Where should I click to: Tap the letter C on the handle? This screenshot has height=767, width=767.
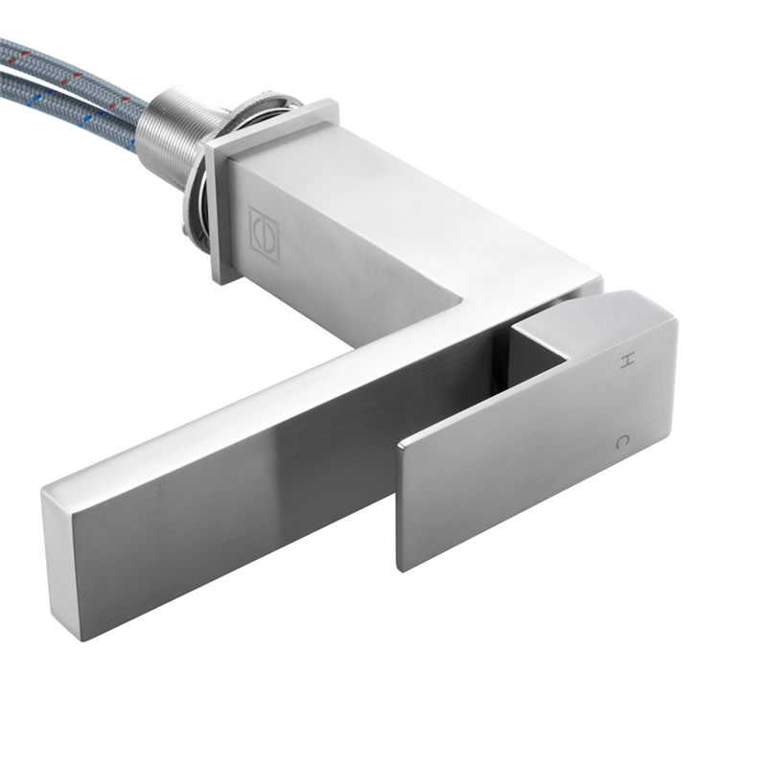[x=622, y=442]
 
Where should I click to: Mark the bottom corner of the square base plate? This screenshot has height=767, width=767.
[x=221, y=282]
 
